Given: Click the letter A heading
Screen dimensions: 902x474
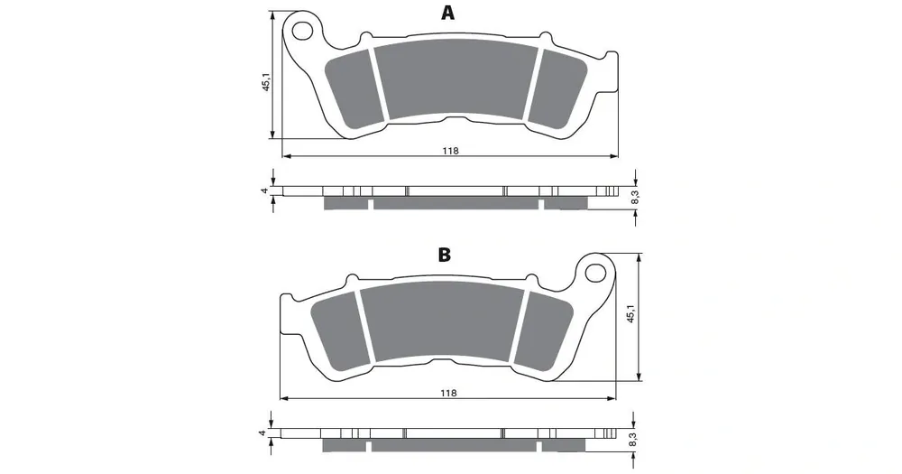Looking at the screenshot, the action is point(447,12).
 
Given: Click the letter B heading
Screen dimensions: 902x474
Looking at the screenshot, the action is point(444,256).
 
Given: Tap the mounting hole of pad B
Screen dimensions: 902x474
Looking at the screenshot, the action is point(598,271).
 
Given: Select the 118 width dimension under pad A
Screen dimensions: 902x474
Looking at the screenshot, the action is point(450,151).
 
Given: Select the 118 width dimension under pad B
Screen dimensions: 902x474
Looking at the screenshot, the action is point(448,393).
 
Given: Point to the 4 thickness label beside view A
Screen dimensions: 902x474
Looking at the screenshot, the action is point(265,191).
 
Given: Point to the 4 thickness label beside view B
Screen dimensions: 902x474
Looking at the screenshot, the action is point(262,433).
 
